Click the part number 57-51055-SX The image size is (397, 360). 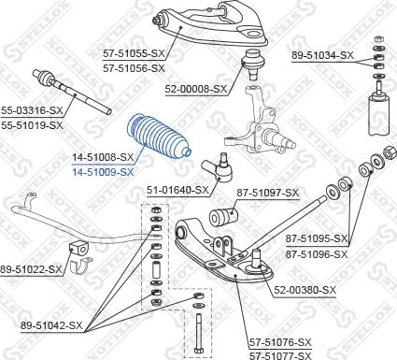[134, 55]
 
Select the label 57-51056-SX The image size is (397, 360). [134, 68]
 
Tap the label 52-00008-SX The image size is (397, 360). [197, 89]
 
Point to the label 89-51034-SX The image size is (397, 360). [322, 56]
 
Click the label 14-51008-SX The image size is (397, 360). [103, 158]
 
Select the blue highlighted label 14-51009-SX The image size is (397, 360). [103, 171]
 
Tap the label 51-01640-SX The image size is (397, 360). [177, 190]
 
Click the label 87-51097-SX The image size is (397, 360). [267, 194]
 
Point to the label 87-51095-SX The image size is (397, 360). [315, 238]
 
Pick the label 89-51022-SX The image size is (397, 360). [32, 269]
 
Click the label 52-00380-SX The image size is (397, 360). [305, 291]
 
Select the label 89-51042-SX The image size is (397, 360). [52, 325]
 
